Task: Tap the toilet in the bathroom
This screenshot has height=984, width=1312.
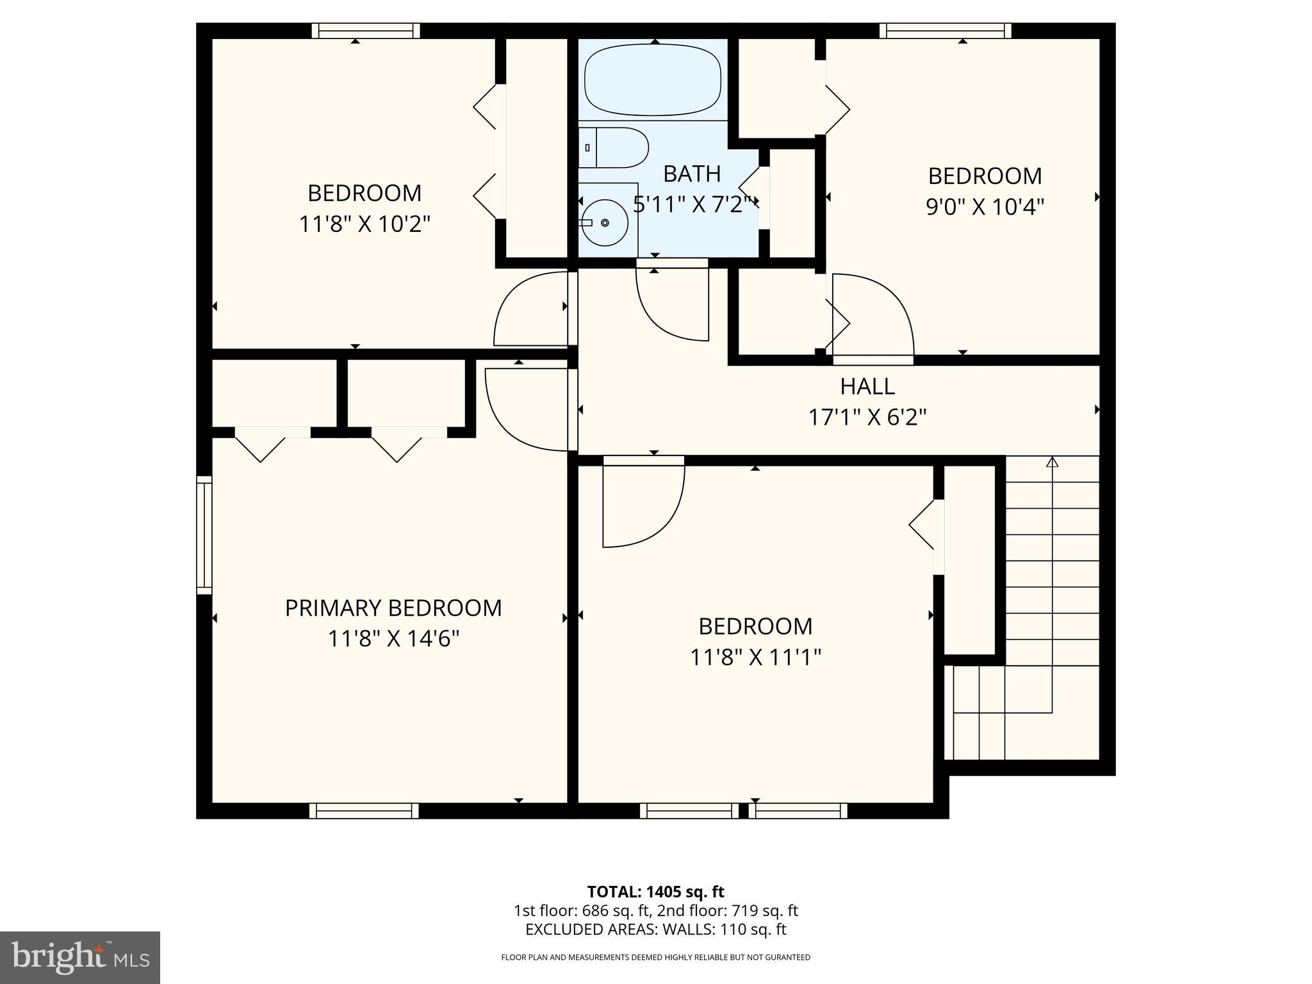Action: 615,147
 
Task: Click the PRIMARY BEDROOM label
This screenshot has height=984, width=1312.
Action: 393,608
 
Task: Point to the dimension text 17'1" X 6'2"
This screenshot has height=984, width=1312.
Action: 867,418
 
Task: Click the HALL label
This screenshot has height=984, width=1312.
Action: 867,386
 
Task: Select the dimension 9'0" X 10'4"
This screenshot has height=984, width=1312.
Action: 985,207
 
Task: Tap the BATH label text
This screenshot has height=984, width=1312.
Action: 692,174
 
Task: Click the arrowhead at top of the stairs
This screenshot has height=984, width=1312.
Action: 1052,461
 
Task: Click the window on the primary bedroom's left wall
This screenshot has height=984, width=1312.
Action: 204,535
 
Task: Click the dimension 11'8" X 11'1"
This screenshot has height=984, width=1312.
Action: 755,657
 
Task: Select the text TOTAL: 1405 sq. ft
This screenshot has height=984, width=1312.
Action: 655,892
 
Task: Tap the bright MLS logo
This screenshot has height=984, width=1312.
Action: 80,957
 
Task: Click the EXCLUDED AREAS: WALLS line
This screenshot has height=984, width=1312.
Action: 655,929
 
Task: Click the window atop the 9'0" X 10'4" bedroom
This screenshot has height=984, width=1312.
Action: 945,30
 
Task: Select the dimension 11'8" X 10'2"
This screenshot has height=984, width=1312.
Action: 365,224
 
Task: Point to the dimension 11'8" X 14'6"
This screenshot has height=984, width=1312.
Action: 393,639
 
